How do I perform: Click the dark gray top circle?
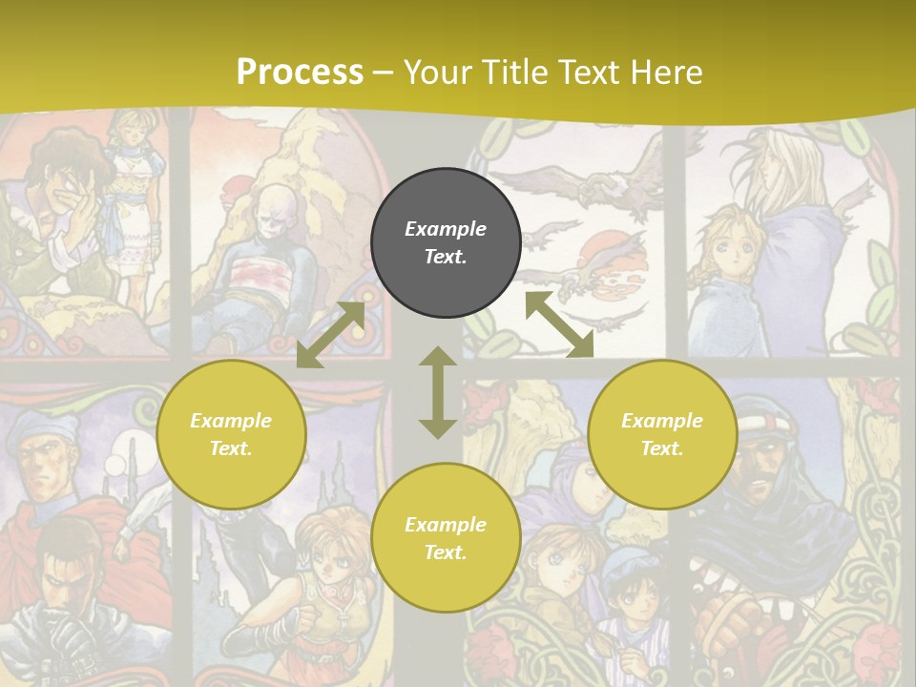446,242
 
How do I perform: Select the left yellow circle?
231,434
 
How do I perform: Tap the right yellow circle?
662,434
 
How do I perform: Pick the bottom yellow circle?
446,537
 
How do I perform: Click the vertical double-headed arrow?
438,392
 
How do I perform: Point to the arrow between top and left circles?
331,335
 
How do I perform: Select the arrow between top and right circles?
559,324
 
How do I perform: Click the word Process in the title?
300,72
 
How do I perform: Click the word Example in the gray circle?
446,229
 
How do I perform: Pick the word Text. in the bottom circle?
446,552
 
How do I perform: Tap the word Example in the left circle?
231,421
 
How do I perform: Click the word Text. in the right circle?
662,448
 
